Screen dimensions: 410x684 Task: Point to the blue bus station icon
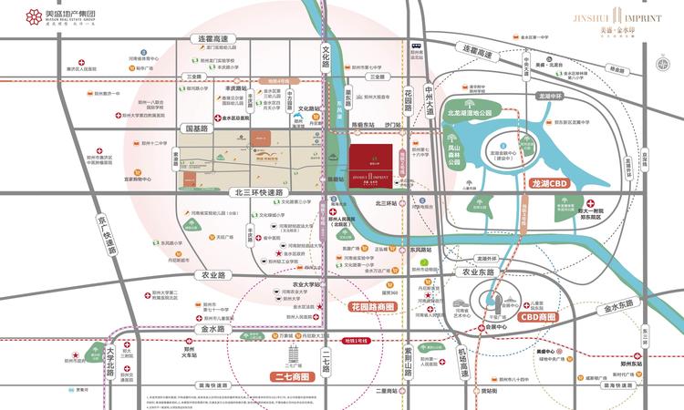415,44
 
